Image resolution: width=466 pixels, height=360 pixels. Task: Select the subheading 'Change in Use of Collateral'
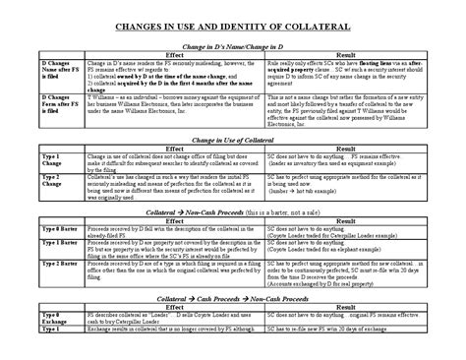click(x=232, y=142)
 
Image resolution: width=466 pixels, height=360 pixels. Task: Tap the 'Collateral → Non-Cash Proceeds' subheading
click(x=232, y=213)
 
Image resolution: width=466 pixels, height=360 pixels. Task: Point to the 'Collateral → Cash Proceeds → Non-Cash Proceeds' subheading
click(x=232, y=295)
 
